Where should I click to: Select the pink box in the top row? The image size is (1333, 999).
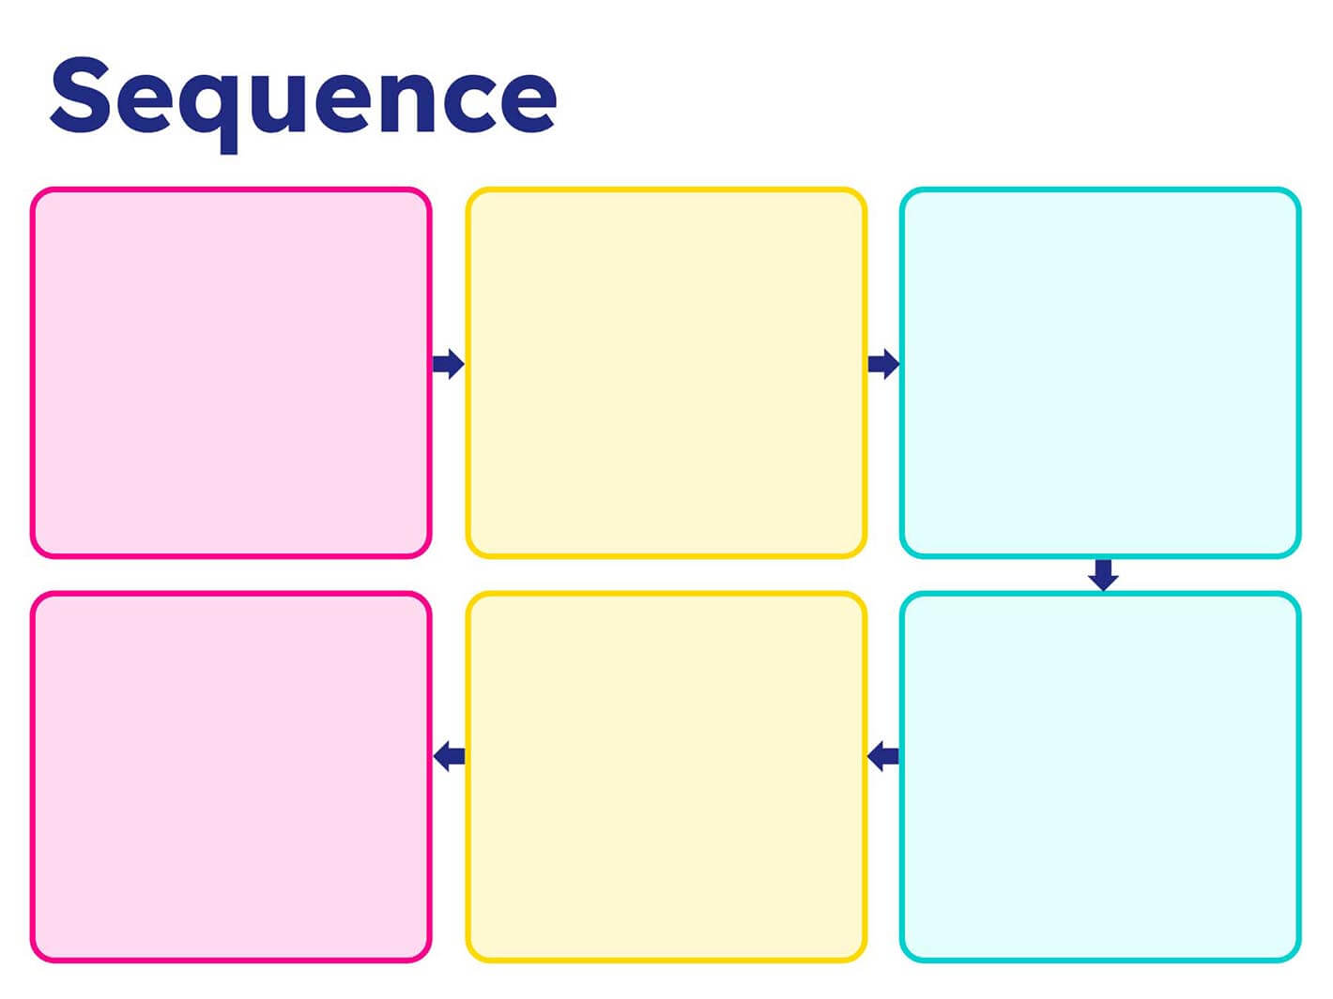pyautogui.click(x=231, y=372)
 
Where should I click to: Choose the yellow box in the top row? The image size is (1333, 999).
pyautogui.click(x=666, y=372)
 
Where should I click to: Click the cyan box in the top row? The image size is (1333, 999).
pyautogui.click(x=1100, y=372)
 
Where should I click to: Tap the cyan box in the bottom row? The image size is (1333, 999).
pyautogui.click(x=1100, y=777)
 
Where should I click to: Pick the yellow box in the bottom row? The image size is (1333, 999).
pyautogui.click(x=666, y=777)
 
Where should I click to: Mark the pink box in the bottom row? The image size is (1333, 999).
pyautogui.click(x=231, y=777)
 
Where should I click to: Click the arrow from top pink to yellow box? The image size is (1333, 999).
pyautogui.click(x=448, y=364)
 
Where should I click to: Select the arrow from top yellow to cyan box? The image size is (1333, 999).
pyautogui.click(x=882, y=364)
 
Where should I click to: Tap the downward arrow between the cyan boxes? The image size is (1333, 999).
pyautogui.click(x=1103, y=574)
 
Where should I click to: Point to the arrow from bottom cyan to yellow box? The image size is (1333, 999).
pyautogui.click(x=882, y=755)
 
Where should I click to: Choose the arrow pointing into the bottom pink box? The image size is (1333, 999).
pyautogui.click(x=449, y=755)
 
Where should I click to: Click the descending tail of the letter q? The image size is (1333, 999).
pyautogui.click(x=228, y=141)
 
